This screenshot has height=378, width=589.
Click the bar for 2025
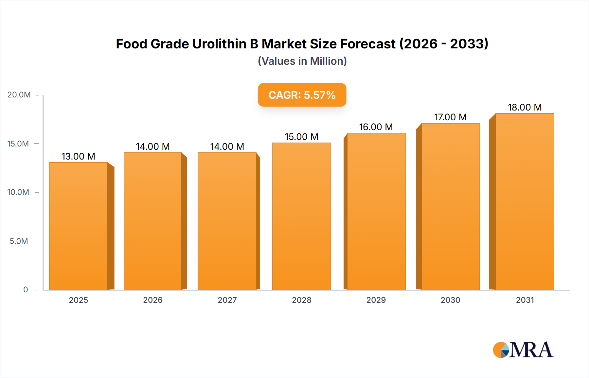[79, 226]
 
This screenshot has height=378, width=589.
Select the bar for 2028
[301, 216]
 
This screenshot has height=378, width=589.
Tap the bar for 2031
[525, 201]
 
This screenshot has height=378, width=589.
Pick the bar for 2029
[376, 211]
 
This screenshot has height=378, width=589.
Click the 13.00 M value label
[78, 156]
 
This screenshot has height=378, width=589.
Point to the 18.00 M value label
[525, 107]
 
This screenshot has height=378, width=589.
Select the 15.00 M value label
[301, 137]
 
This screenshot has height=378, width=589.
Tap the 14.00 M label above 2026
[152, 146]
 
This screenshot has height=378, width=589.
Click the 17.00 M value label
[450, 117]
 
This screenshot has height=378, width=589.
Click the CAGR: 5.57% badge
[302, 95]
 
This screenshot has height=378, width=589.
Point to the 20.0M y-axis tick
[19, 95]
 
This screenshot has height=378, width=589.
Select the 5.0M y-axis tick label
[19, 241]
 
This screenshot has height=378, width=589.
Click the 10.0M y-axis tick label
[18, 192]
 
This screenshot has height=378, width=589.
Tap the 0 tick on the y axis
[26, 290]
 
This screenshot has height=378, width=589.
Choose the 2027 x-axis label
[227, 300]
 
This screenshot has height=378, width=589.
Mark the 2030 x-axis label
[450, 300]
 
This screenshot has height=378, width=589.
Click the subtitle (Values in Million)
[302, 61]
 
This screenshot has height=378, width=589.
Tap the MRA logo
[523, 350]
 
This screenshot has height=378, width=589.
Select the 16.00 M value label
[376, 127]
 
